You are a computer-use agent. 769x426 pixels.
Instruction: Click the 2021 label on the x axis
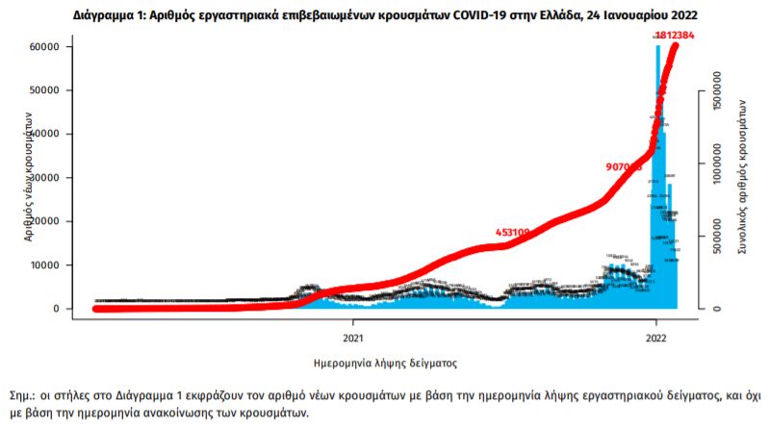(352, 338)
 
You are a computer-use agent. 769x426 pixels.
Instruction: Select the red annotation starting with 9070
(624, 166)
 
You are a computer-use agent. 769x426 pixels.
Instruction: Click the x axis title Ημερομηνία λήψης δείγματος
(385, 363)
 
